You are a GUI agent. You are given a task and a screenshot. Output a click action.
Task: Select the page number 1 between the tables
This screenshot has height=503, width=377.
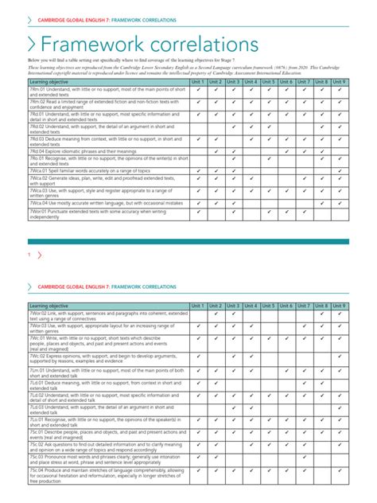tap(29, 255)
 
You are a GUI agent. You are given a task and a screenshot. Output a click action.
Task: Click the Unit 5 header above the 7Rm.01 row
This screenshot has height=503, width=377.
tap(268, 81)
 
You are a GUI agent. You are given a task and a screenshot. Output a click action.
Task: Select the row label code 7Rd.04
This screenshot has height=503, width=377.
tap(41, 150)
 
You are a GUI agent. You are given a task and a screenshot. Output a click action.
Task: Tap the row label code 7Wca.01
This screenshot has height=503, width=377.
tap(42, 171)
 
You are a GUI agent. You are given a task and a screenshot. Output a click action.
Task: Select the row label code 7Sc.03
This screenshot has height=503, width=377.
tap(39, 458)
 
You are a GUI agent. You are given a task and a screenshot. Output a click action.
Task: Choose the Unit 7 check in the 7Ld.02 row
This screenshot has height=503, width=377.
tap(304, 396)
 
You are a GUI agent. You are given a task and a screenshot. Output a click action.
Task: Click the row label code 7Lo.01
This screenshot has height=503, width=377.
tap(40, 419)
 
